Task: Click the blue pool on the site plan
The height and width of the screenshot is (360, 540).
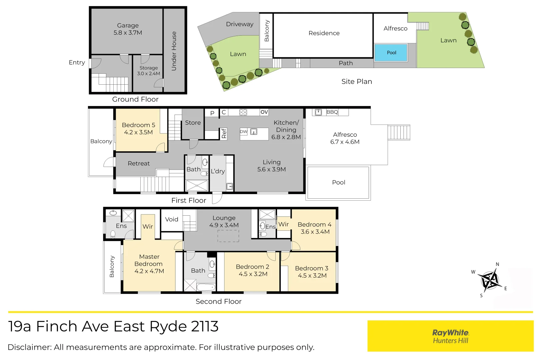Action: pyautogui.click(x=391, y=52)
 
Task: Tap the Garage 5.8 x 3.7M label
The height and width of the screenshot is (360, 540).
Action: pyautogui.click(x=128, y=29)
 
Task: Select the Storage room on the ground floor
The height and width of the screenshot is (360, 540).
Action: pyautogui.click(x=148, y=73)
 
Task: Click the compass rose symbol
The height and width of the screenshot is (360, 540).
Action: pyautogui.click(x=489, y=280)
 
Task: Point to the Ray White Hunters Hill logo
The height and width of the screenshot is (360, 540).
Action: pyautogui.click(x=450, y=336)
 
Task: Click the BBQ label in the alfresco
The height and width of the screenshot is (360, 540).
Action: pyautogui.click(x=332, y=112)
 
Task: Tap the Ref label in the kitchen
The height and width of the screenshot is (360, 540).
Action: pyautogui.click(x=224, y=133)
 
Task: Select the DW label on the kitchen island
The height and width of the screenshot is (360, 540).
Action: pyautogui.click(x=243, y=131)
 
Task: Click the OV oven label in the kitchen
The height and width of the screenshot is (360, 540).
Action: pyautogui.click(x=264, y=112)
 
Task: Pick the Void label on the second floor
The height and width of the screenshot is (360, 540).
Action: pyautogui.click(x=172, y=219)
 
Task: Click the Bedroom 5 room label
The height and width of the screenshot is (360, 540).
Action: pyautogui.click(x=138, y=129)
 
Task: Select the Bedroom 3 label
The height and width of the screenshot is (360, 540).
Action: pyautogui.click(x=312, y=272)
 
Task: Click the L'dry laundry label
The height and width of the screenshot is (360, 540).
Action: pyautogui.click(x=218, y=171)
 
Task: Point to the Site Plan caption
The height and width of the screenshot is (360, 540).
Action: pyautogui.click(x=357, y=82)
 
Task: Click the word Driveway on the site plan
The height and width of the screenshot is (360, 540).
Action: pyautogui.click(x=240, y=24)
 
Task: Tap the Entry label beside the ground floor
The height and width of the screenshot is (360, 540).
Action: pyautogui.click(x=77, y=63)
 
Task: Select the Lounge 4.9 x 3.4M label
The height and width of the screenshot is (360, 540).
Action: pyautogui.click(x=224, y=221)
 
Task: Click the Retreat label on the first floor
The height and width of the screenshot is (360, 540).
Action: pyautogui.click(x=139, y=163)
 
